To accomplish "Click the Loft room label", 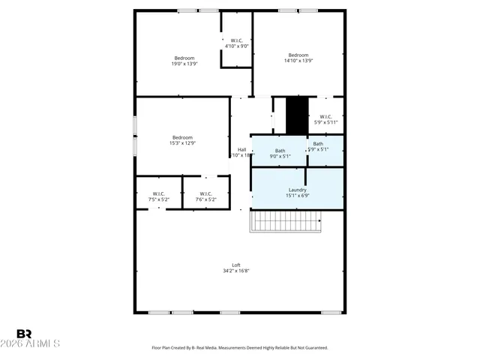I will click(235, 265).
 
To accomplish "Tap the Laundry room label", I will click(298, 190).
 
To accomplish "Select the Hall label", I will click(242, 149).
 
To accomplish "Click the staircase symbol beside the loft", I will click(285, 221).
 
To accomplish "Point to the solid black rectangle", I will click(297, 115).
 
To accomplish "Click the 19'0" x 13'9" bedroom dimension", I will click(184, 64).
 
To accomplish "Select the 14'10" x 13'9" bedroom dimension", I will click(298, 61).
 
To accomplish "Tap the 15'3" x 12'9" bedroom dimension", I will click(182, 143).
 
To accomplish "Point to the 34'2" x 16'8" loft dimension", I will click(235, 271).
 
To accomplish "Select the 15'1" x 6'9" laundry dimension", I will click(298, 196).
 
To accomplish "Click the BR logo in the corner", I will click(24, 333).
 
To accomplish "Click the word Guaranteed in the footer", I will click(313, 348).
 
